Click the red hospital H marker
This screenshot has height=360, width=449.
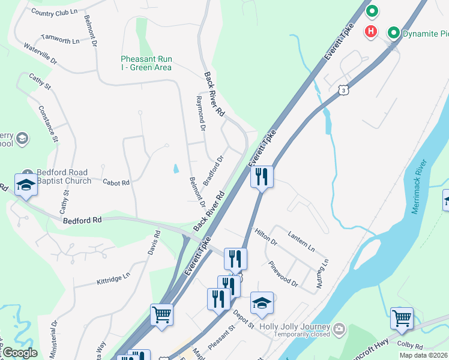pos(372,31)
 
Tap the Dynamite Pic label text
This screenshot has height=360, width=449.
pos(426,34)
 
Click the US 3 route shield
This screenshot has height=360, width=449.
pos(343,89)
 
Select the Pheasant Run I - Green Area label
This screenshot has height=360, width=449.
pos(146,63)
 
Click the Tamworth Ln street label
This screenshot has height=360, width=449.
pos(59,40)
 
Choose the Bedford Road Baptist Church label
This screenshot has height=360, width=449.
pos(64,176)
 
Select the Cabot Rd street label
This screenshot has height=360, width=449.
pos(116,182)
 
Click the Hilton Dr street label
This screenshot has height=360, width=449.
pos(265,238)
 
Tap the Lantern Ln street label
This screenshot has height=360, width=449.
pos(301,242)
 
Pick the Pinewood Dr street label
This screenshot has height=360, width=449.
pos(283,274)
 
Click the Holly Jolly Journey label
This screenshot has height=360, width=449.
pos(295,327)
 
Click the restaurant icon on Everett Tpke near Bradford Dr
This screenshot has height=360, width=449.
pos(262,177)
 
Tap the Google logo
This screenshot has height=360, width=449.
pos(20,353)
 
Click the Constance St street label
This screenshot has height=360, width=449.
pos(47,124)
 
